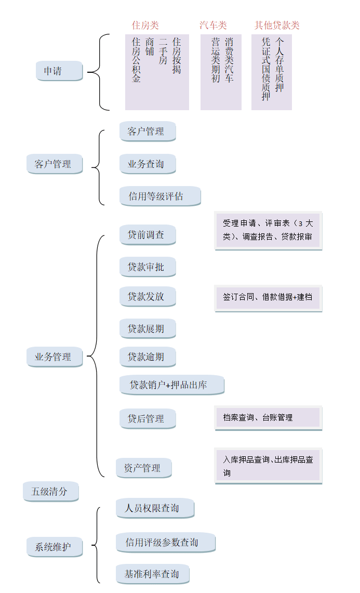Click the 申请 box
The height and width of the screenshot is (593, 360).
coord(59,71)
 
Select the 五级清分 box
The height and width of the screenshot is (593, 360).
coord(50,491)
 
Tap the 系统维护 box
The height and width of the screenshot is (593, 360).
coord(55,547)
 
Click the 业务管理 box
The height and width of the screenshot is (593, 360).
coord(55,357)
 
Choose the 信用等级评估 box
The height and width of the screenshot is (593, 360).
coord(159,196)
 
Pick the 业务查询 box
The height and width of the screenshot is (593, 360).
coord(148,164)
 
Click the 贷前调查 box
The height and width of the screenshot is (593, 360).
coord(148,235)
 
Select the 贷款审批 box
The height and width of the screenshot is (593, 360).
coord(148,267)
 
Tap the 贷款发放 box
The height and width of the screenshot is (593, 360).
coord(148,296)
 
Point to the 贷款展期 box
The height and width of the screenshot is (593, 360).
coord(148,328)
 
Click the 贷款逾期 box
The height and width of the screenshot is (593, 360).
coord(148,357)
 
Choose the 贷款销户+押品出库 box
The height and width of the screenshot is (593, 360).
coord(171,385)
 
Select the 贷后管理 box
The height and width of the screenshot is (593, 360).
coord(148,418)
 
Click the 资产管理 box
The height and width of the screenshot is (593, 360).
coord(143,468)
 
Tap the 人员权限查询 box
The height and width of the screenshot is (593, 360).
coord(155,508)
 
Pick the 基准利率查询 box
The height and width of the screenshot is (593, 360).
coord(153,574)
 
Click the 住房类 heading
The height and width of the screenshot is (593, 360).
coord(145,25)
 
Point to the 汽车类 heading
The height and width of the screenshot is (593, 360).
coord(213,25)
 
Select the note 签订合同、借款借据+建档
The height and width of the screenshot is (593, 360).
coord(268,298)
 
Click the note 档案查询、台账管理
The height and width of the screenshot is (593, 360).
coord(268,418)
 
